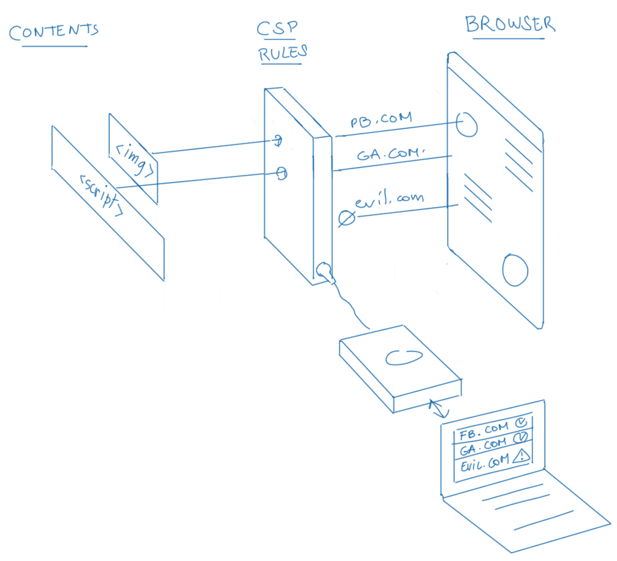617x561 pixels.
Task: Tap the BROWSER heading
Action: [510, 24]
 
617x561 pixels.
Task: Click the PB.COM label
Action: [381, 119]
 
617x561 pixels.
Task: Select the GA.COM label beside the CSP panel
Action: [389, 153]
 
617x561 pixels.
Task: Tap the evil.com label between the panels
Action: [389, 199]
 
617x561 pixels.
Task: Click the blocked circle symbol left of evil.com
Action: [346, 218]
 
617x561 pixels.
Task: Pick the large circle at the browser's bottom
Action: [515, 270]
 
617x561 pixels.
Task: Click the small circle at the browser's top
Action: [467, 124]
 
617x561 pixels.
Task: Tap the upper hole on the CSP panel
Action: [278, 141]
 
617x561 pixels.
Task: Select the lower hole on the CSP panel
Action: [281, 174]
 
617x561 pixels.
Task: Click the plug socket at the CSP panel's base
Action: [324, 270]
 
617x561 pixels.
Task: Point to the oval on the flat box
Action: [398, 358]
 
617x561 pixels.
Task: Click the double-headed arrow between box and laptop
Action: [438, 410]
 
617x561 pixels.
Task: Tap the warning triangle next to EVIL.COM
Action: [521, 458]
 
